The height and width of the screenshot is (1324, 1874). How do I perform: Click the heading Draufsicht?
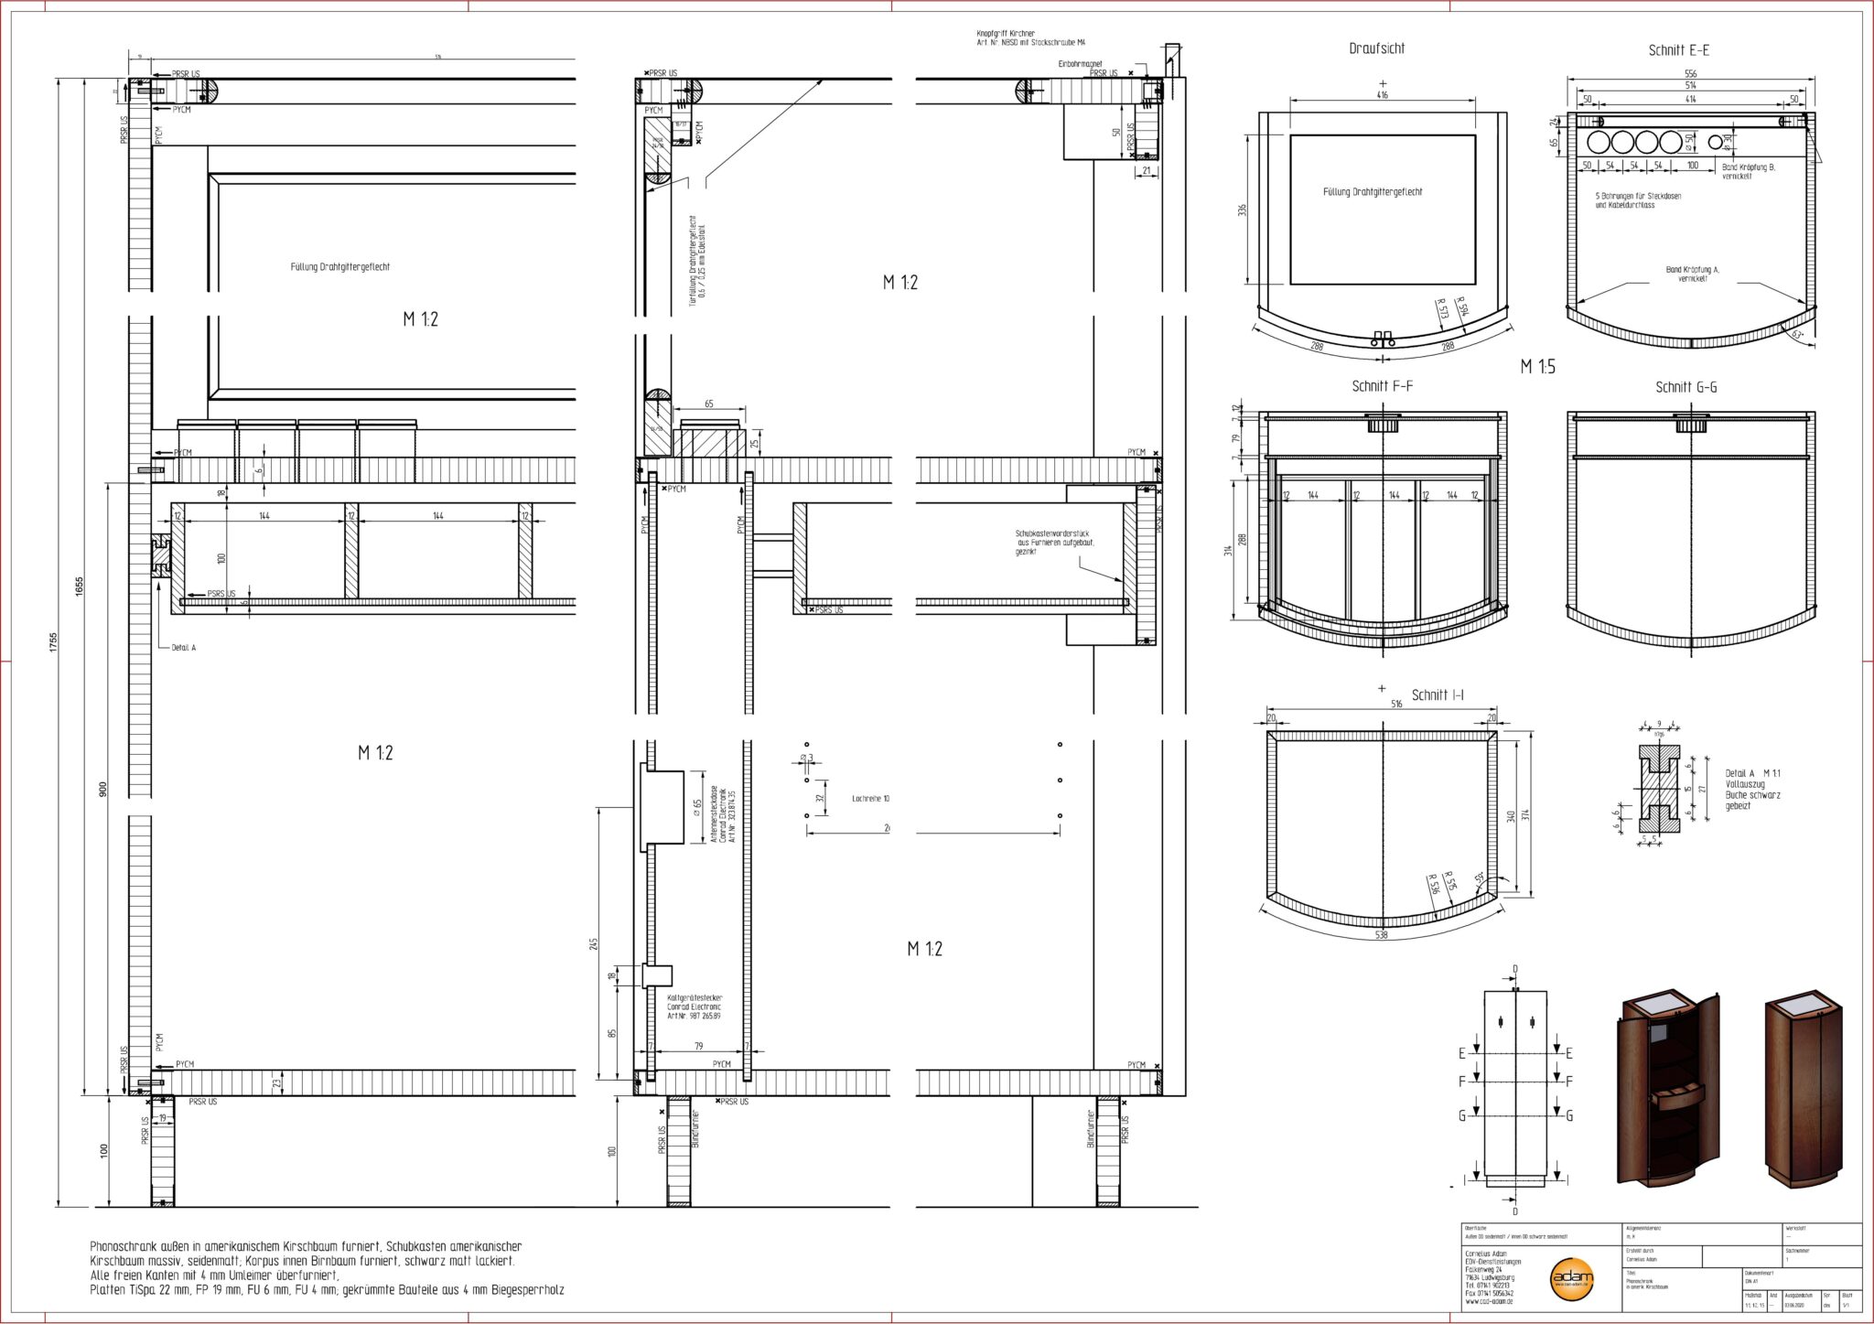(x=1376, y=48)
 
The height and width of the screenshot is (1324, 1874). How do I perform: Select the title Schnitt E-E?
(x=1678, y=50)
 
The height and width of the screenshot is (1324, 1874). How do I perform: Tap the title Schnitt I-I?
(x=1438, y=695)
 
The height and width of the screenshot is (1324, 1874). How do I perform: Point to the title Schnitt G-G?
(x=1686, y=387)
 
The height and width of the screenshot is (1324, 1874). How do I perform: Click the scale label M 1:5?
(x=1537, y=367)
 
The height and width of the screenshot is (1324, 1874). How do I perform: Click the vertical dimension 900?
(x=102, y=789)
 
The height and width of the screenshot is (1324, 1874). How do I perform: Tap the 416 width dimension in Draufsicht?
(x=1382, y=94)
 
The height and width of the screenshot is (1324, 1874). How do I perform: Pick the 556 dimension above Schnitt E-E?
(x=1690, y=73)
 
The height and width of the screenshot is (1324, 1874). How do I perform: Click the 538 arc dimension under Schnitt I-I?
(x=1382, y=935)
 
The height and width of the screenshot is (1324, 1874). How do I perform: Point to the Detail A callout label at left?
(x=183, y=647)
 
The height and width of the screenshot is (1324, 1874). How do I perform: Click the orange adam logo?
(x=1571, y=1278)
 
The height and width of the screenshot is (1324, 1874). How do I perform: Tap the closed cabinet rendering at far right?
(x=1803, y=1089)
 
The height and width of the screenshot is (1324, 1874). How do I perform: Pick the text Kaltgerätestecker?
(x=695, y=997)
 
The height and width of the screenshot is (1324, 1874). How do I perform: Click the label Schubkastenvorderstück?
(x=1052, y=533)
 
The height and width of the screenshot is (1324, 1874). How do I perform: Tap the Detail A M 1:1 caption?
(x=1752, y=773)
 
